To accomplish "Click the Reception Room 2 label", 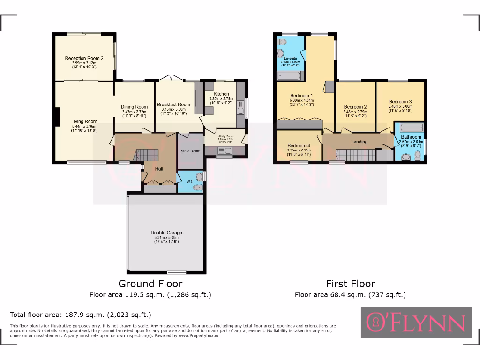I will point(84,58).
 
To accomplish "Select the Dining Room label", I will point(134,107).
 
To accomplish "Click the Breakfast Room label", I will point(173,105).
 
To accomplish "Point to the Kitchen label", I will point(222,94).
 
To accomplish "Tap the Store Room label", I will point(191,151).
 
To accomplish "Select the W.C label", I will point(190,181).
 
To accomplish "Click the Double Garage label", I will point(166,232).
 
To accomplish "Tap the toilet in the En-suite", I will point(281,42).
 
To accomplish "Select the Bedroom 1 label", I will point(301,95).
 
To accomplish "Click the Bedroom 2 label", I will point(355,106).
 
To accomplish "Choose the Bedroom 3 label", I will point(400,102).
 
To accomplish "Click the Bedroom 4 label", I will point(299,146).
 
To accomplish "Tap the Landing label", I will point(360,142).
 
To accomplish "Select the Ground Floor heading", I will point(150,284).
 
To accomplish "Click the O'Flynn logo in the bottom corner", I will point(416,322).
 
